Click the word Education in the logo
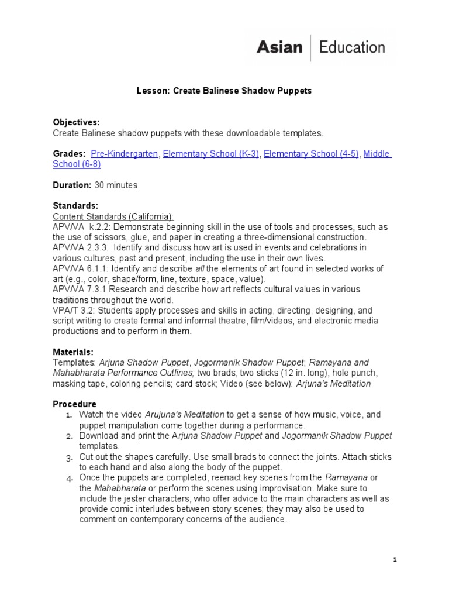coord(352,47)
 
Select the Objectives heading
coord(77,122)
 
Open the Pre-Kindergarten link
coord(125,154)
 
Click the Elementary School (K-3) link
coord(211,154)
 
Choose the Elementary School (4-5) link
coord(311,154)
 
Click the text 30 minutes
coord(116,185)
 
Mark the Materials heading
coord(74,352)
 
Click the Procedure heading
coord(75,404)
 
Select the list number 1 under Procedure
coord(68,415)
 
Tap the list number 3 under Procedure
coord(68,457)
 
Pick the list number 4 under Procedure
coord(68,478)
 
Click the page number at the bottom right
coord(395,560)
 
